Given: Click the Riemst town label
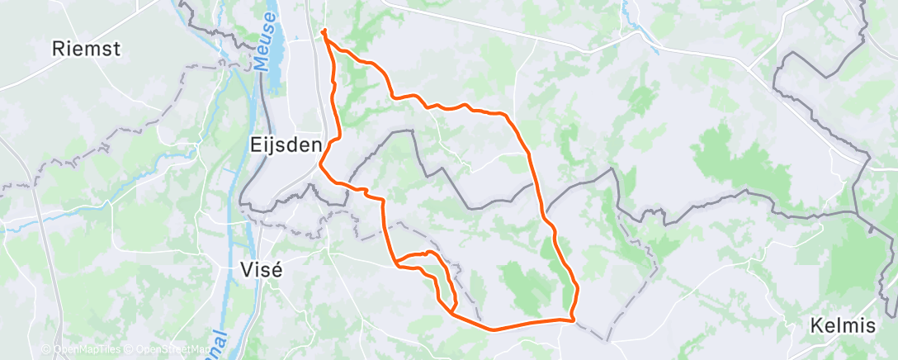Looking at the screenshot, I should (86, 48).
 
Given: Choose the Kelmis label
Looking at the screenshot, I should (843, 325).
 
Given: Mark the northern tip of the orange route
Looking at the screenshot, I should (324, 32).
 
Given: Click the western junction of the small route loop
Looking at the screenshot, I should (397, 264).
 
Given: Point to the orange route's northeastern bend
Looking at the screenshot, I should (505, 114).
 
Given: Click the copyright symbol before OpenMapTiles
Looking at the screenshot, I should (45, 349).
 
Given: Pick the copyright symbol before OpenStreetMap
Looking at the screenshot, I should (130, 349).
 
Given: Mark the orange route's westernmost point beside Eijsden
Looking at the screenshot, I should (320, 164).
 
